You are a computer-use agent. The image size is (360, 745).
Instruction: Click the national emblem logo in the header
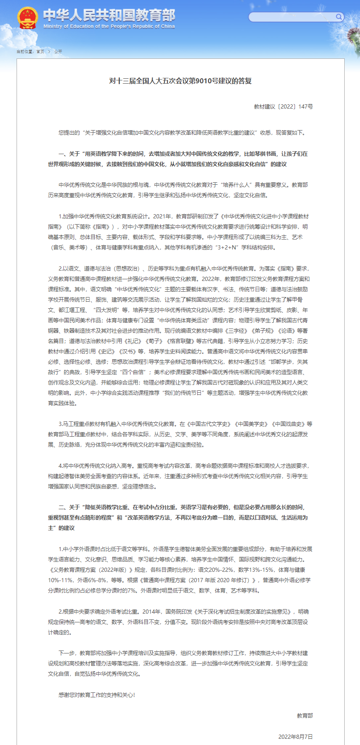(27, 18)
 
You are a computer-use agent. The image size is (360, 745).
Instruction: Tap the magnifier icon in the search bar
(339, 17)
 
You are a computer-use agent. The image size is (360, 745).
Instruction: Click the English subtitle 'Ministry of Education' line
(109, 27)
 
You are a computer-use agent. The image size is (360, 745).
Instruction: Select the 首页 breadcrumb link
(40, 52)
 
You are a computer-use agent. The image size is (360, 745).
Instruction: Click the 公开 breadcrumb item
(58, 52)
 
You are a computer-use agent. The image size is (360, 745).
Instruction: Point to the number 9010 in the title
(203, 81)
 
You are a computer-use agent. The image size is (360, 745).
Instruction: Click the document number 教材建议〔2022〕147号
(283, 107)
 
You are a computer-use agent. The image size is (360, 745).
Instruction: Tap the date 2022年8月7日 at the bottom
(295, 737)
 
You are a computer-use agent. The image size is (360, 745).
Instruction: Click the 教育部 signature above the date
(305, 716)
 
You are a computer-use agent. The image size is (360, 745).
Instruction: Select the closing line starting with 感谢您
(97, 695)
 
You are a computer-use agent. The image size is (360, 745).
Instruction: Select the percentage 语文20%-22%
(216, 570)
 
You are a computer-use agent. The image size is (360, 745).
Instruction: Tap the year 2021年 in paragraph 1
(162, 216)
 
